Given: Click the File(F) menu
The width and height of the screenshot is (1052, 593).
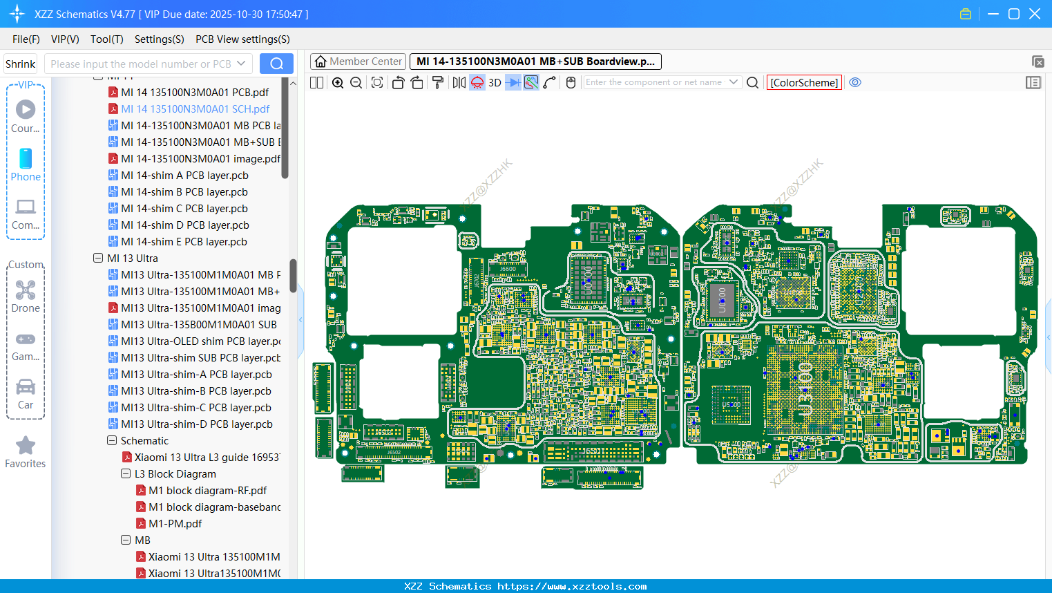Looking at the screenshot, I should (26, 39).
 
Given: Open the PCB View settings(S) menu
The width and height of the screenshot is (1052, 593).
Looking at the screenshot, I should (242, 39).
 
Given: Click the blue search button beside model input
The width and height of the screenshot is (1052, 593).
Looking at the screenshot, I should (276, 64).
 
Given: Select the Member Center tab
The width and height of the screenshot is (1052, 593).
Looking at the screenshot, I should (358, 62).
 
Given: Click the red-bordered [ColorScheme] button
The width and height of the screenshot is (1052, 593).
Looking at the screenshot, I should (804, 82).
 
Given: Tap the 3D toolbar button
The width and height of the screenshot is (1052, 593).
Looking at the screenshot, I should (495, 82).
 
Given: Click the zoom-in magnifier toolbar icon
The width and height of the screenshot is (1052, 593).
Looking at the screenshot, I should (338, 82).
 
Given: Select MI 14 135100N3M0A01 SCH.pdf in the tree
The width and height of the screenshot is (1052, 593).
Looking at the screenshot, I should (195, 109).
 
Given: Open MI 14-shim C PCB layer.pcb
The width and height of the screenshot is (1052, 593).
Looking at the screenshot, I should (184, 208).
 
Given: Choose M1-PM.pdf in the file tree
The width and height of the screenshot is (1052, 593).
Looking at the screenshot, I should (175, 523).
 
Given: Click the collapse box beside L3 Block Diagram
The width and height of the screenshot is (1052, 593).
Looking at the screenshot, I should (126, 473).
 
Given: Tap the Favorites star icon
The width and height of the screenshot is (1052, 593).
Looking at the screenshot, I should (26, 446).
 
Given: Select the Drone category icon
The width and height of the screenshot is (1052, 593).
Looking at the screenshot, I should (26, 290).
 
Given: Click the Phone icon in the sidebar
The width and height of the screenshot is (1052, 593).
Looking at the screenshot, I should (26, 159).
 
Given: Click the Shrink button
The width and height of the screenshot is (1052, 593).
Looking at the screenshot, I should (20, 64).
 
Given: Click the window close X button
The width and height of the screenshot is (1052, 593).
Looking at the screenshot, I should (1034, 14).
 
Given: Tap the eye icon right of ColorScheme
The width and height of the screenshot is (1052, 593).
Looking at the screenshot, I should (855, 82).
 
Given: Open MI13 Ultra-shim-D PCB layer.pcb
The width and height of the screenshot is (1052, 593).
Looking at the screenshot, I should (196, 424).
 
